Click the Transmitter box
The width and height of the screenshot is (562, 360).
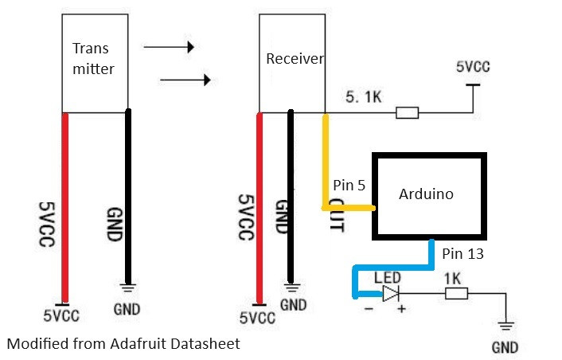tap(96, 63)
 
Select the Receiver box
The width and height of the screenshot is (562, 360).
tap(292, 63)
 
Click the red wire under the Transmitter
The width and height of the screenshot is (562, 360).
tap(64, 207)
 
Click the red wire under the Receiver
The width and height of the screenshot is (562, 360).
tap(259, 207)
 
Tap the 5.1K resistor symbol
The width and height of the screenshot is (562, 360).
tap(407, 113)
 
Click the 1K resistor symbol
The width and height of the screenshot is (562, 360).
tap(456, 294)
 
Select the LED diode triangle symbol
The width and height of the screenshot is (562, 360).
tap(389, 294)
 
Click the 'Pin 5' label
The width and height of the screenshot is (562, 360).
tap(349, 186)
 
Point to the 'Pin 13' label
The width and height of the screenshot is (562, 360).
tap(462, 253)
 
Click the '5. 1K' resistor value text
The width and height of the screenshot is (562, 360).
tap(365, 98)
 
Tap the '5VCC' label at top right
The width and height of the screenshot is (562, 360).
tap(472, 67)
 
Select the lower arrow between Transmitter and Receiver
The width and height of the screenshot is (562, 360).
tap(185, 80)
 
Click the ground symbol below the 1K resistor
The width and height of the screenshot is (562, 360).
tap(505, 326)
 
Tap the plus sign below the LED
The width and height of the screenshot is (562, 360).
tap(400, 310)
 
